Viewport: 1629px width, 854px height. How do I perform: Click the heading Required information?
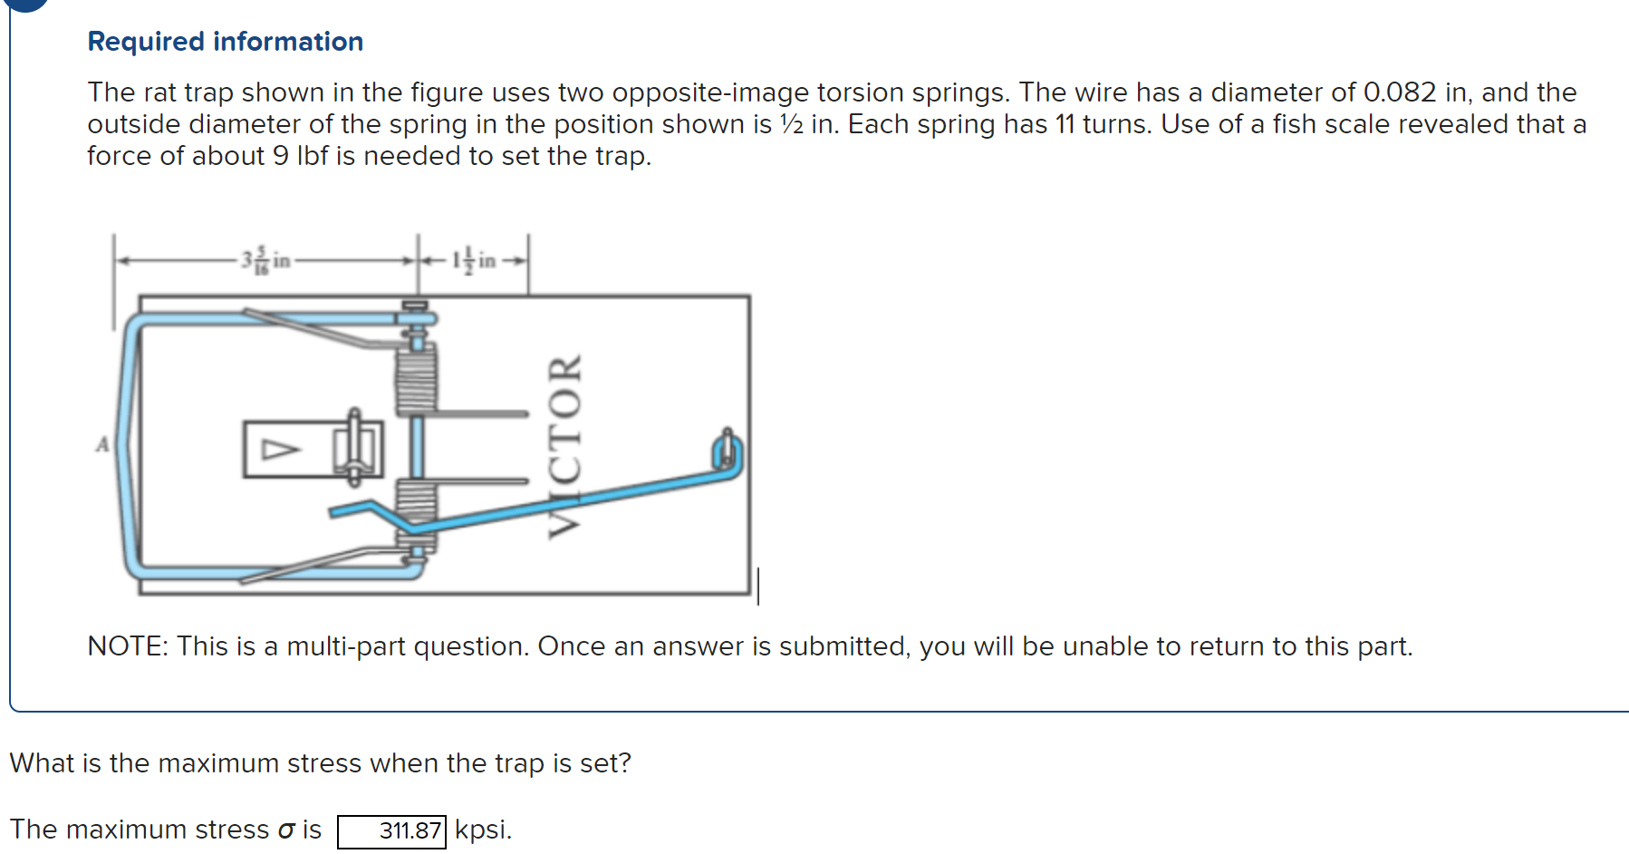point(225,42)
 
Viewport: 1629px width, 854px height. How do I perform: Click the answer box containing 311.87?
point(391,830)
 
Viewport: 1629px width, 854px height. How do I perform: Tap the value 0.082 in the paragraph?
point(1399,92)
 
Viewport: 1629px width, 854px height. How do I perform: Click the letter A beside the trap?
point(102,444)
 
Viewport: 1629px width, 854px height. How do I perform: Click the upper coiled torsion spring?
point(416,381)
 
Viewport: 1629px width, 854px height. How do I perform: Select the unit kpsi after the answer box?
point(483,830)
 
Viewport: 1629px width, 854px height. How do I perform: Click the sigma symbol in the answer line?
point(286,830)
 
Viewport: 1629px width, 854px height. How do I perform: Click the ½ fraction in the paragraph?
point(791,124)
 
